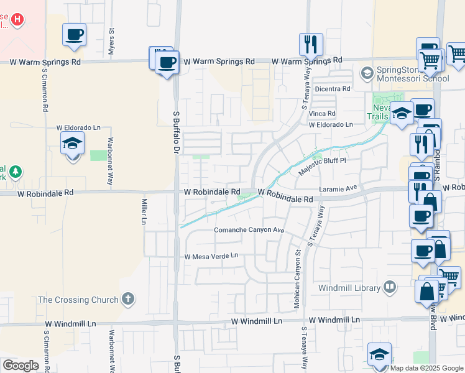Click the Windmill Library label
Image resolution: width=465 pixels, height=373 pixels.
click(x=349, y=288)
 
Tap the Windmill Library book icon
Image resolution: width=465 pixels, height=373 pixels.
click(x=390, y=287)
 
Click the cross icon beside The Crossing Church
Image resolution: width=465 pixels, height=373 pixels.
click(x=127, y=299)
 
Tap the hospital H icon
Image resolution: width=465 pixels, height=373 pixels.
click(x=18, y=19)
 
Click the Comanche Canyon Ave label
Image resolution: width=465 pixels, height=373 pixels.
click(x=249, y=230)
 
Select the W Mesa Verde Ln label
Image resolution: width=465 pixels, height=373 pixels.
click(x=211, y=256)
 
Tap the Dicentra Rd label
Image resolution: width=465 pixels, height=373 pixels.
click(x=333, y=89)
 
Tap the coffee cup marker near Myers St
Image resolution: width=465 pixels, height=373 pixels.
click(x=74, y=35)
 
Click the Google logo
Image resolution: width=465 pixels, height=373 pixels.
click(x=21, y=365)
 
